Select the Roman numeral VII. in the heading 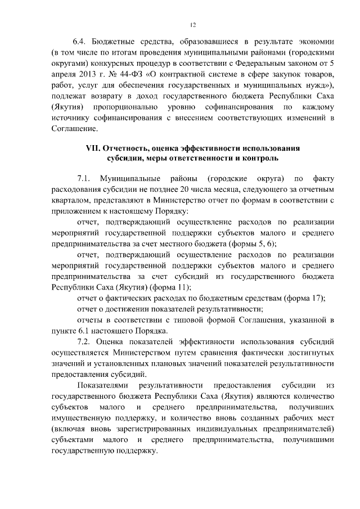tap(89, 148)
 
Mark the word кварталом tap(70, 200)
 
